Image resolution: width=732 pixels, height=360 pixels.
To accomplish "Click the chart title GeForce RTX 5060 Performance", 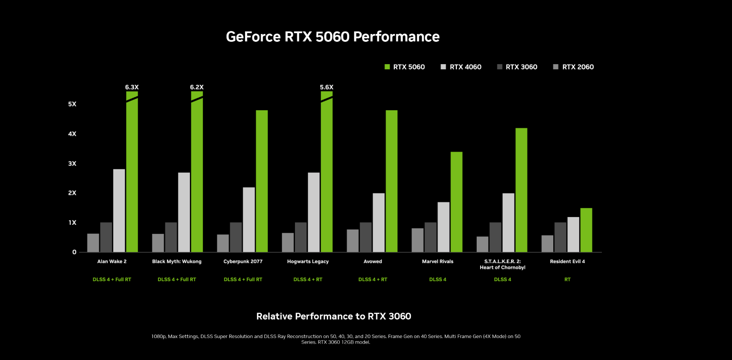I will pos(332,37).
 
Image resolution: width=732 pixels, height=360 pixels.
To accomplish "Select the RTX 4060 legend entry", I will pos(465,67).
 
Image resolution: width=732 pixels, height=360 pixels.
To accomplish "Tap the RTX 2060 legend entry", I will pos(577,67).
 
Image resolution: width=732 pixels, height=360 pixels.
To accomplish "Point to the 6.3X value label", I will pos(132,87).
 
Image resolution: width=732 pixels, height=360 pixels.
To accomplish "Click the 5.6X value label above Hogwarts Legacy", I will pos(326,87).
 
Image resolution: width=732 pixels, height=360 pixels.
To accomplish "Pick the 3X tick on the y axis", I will pos(72,164).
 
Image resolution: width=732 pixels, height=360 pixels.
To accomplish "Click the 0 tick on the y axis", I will pos(74,252).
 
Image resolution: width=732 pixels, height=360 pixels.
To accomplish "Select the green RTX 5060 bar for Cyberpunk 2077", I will pos(262,181).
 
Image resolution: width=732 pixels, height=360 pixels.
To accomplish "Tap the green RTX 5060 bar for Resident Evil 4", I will pos(586,230).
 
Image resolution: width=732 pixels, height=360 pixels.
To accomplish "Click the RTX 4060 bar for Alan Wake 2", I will pos(119,211).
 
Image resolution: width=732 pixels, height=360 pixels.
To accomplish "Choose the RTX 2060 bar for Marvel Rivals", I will pos(418,240).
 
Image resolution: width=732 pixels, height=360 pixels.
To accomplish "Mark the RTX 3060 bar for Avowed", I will pos(366,237).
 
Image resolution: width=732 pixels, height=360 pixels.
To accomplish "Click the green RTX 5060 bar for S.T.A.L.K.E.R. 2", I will pos(521,190).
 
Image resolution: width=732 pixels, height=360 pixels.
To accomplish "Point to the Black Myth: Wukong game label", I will pos(177,261).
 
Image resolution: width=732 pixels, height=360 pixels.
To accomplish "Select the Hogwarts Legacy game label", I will pos(308,261).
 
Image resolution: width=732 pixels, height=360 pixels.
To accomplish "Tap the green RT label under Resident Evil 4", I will pos(568,279).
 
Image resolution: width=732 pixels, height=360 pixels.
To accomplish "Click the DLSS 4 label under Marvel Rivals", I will pos(437,279).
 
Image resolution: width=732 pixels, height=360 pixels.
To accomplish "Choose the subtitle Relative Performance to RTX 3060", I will pos(334,317).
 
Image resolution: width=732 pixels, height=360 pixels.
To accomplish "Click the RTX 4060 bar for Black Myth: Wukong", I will pos(184,212).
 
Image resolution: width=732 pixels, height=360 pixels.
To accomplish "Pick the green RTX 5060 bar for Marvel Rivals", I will pos(456,202).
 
